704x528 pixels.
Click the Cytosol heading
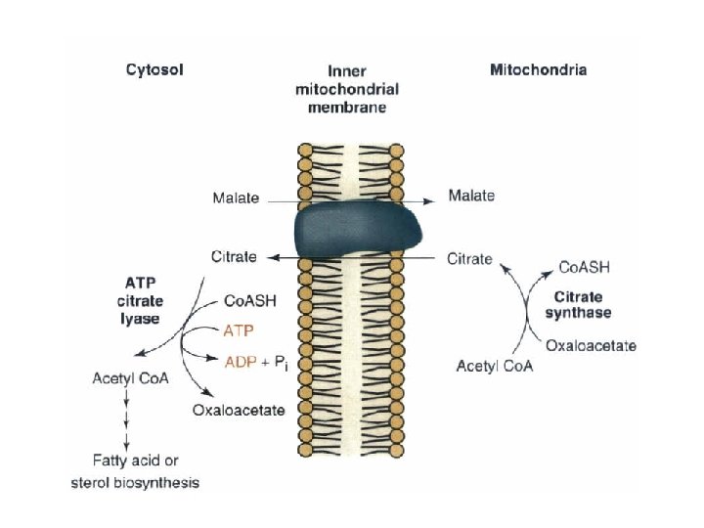click(x=154, y=69)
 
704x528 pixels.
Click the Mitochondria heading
click(x=538, y=69)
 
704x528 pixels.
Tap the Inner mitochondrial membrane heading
click(x=347, y=89)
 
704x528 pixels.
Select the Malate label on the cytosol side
click(x=236, y=198)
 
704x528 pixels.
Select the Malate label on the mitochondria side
click(x=470, y=196)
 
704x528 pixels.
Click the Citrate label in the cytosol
click(x=234, y=257)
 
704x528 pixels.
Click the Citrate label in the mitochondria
click(x=470, y=259)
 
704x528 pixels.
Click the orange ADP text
click(x=240, y=362)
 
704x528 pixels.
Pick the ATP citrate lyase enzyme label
click(x=140, y=302)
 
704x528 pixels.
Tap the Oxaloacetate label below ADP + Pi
click(x=239, y=410)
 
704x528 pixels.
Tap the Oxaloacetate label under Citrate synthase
click(x=591, y=345)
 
